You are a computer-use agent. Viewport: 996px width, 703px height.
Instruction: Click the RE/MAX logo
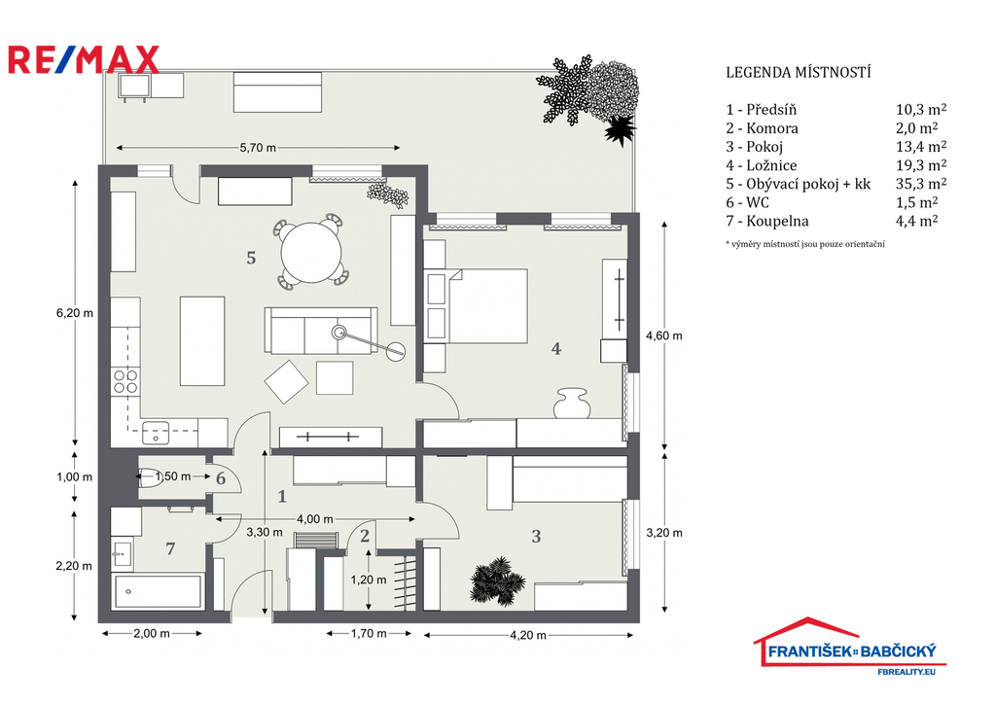coord(84,59)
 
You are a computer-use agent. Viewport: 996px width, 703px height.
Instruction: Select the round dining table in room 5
coord(311,252)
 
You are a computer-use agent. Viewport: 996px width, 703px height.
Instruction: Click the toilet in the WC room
coord(150,477)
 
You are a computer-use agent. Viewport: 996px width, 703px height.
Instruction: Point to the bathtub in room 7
coord(158,591)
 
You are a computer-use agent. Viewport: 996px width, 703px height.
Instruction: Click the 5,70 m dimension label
coord(258,148)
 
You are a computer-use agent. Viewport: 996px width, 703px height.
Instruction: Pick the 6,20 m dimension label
coord(75,313)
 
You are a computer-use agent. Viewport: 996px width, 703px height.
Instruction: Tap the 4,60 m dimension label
coord(664,335)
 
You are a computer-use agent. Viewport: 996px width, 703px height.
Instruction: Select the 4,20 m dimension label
coord(528,635)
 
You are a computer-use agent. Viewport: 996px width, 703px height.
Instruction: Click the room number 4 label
coord(556,349)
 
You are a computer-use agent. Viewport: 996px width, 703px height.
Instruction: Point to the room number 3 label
coord(537,537)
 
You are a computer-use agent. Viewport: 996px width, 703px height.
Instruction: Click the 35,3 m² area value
coord(921,184)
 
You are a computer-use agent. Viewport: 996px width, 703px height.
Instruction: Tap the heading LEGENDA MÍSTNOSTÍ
coord(799,72)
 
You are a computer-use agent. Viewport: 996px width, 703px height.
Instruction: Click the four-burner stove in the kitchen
coord(125,381)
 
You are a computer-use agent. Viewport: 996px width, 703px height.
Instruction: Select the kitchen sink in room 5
coord(156,433)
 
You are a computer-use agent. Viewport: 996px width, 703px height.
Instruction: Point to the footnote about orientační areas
coord(805,244)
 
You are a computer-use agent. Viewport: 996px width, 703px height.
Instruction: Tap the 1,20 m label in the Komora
coord(369,580)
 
